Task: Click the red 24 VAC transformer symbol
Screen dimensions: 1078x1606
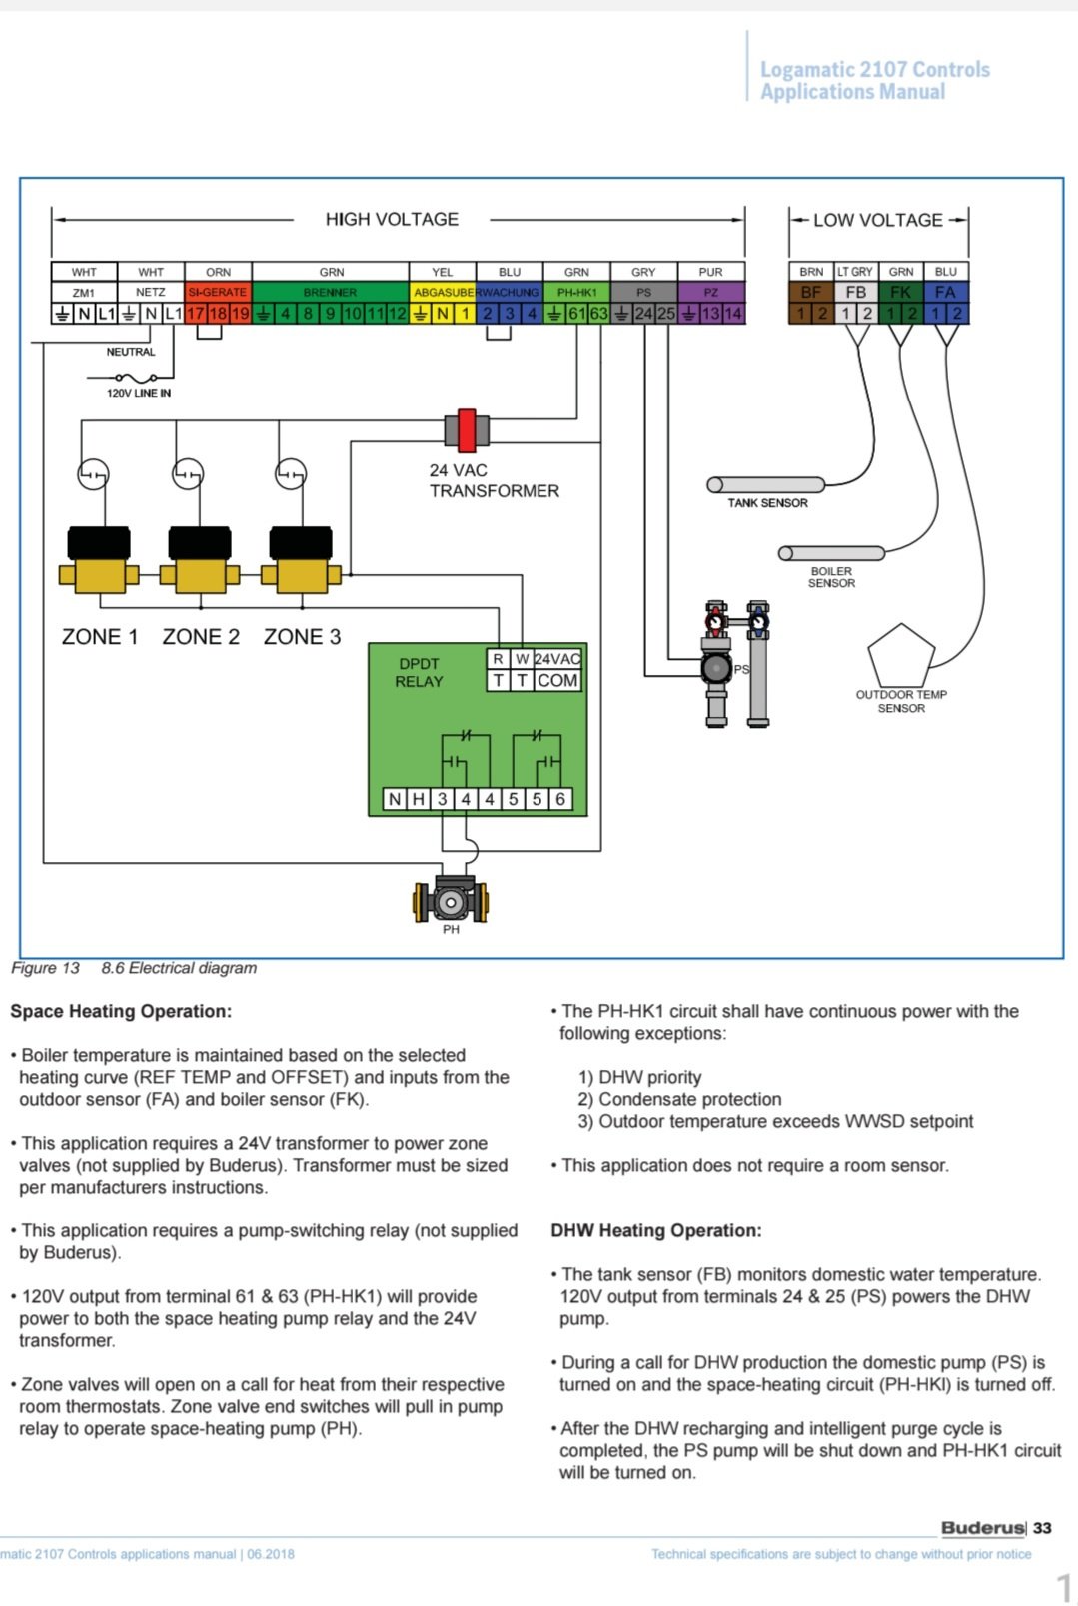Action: (x=467, y=430)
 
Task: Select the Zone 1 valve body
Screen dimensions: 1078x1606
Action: (x=99, y=560)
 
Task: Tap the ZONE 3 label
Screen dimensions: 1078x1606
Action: (x=302, y=636)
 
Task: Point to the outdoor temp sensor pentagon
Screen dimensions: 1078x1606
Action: (x=901, y=656)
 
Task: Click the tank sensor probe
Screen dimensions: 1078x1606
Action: (x=765, y=485)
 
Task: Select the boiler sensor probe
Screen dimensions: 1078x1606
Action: (x=832, y=553)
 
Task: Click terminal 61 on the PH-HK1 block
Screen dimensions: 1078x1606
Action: (x=576, y=314)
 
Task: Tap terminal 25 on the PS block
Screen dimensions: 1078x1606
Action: (x=666, y=314)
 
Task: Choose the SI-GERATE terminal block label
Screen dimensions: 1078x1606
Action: (x=218, y=292)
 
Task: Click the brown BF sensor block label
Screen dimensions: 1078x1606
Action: (x=811, y=292)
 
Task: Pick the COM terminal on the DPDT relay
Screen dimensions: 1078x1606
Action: (x=557, y=680)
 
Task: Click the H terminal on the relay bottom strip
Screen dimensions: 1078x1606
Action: (x=419, y=799)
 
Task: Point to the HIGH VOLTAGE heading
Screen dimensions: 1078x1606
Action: (x=392, y=220)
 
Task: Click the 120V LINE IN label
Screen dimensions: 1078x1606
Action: (x=139, y=393)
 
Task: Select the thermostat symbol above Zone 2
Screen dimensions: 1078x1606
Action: (x=188, y=474)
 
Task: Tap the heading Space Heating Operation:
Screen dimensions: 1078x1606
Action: (x=121, y=1011)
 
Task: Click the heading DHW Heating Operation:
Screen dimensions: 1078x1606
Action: (x=656, y=1230)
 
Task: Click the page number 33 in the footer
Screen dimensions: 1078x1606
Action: (x=1042, y=1528)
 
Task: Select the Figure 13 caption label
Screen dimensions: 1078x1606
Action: (x=45, y=968)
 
